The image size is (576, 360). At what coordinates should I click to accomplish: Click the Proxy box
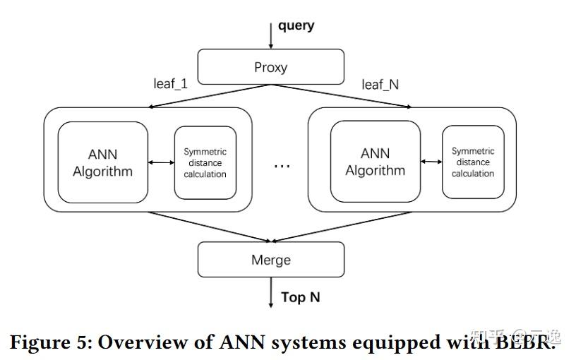[x=271, y=68]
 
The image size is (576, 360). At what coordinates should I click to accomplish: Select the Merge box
[x=271, y=260]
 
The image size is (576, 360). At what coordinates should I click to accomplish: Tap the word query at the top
[x=296, y=26]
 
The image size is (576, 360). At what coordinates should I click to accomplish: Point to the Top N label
[x=301, y=297]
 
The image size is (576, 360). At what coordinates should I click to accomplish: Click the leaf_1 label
[x=171, y=84]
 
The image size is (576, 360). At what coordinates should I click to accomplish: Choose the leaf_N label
[x=380, y=85]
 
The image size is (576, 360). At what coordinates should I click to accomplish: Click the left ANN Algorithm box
[x=102, y=162]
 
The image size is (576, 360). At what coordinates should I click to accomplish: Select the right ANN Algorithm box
[x=375, y=162]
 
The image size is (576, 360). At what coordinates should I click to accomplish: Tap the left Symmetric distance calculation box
[x=205, y=162]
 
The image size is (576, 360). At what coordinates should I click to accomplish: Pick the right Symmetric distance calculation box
[x=473, y=162]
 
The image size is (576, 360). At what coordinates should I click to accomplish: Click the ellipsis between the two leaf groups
[x=282, y=165]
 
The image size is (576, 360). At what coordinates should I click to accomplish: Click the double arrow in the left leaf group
[x=162, y=163]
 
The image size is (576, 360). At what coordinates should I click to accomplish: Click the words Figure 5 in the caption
[x=48, y=342]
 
